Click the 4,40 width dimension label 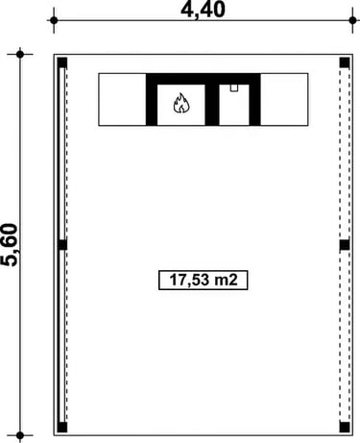click(203, 10)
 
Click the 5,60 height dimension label click(9, 245)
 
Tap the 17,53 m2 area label click(204, 280)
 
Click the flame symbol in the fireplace click(181, 103)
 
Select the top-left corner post click(62, 62)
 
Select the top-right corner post click(345, 62)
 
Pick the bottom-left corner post click(62, 428)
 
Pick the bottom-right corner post click(345, 428)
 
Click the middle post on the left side click(62, 245)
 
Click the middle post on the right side click(345, 245)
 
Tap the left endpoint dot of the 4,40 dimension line click(54, 20)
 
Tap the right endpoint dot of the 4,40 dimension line click(352, 20)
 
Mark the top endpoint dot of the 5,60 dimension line click(20, 54)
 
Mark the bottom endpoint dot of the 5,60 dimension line click(20, 435)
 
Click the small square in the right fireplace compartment click(234, 88)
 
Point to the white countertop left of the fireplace click(122, 100)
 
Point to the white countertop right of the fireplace click(284, 100)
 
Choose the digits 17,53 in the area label click(189, 280)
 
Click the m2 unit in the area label click(226, 280)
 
